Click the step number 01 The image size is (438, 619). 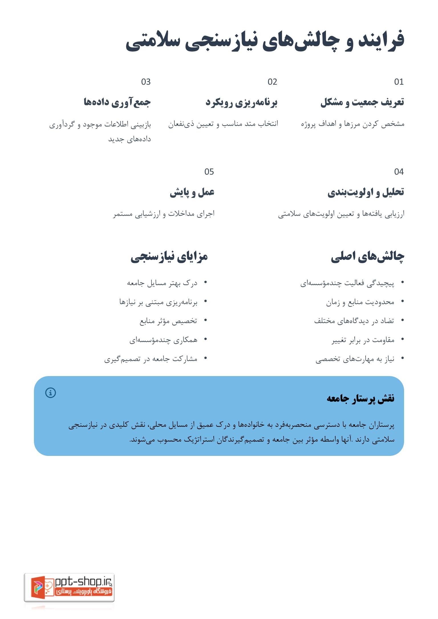pyautogui.click(x=399, y=82)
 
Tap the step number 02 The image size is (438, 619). pyautogui.click(x=272, y=82)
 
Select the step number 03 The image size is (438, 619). pyautogui.click(x=146, y=82)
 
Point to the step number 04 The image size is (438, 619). pyautogui.click(x=399, y=172)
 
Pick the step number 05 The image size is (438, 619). pyautogui.click(x=209, y=172)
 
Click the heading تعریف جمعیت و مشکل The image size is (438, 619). pyautogui.click(x=362, y=102)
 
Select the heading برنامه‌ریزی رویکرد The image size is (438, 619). pyautogui.click(x=241, y=102)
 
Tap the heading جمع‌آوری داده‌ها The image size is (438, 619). pyautogui.click(x=117, y=102)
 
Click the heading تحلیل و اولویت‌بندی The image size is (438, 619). pyautogui.click(x=366, y=192)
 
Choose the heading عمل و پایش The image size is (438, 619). pyautogui.click(x=192, y=192)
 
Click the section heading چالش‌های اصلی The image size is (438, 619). pyautogui.click(x=367, y=257)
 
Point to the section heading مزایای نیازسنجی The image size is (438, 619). pyautogui.click(x=169, y=257)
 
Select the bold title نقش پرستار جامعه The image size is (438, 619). pyautogui.click(x=360, y=398)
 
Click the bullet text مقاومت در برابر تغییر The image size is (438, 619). pyautogui.click(x=363, y=340)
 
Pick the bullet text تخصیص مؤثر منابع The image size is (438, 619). pyautogui.click(x=168, y=321)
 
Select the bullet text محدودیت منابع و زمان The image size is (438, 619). pyautogui.click(x=360, y=302)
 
